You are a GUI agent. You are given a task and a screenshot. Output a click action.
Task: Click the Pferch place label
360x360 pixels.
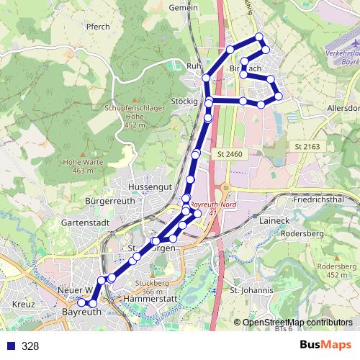pos(98,27)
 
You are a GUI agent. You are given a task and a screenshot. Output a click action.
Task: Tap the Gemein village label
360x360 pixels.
pos(182,6)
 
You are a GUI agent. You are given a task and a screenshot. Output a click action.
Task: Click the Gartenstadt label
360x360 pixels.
pos(84,222)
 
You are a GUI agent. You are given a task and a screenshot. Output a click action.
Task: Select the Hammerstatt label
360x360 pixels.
pos(150,297)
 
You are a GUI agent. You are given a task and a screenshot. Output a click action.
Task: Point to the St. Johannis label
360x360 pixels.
pos(251,290)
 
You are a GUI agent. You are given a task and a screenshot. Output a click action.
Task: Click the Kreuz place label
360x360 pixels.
pos(23,305)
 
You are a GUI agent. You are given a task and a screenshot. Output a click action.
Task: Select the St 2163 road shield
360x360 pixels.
pos(307,146)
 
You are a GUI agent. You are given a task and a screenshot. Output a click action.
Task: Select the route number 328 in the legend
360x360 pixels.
pos(30,346)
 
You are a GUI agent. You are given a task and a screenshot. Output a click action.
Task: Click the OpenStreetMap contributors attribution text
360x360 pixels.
pos(297,322)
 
